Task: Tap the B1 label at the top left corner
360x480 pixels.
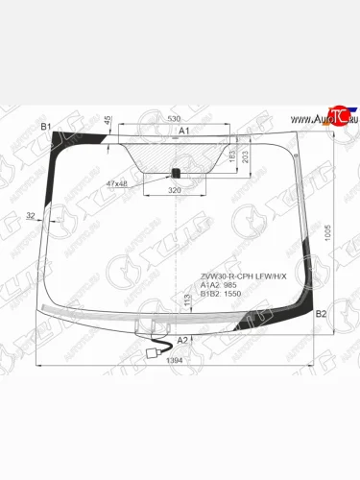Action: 45,127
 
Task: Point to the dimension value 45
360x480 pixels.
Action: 108,121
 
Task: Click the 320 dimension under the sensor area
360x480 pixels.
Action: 174,191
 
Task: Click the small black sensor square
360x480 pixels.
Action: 175,173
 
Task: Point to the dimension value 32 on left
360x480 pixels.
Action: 31,217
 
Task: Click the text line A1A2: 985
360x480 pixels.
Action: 218,285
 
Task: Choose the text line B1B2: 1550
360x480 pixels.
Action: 219,295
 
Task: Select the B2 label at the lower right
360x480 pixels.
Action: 321,314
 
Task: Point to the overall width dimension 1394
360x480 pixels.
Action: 173,359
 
